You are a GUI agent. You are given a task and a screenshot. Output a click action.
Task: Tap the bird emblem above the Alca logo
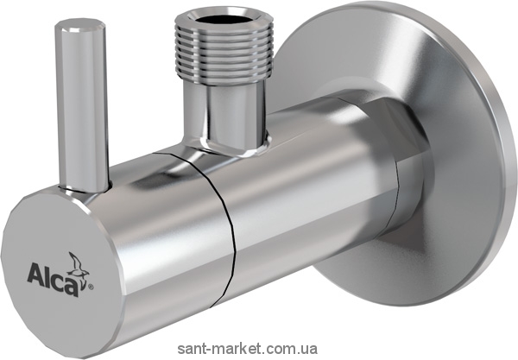click(x=79, y=264)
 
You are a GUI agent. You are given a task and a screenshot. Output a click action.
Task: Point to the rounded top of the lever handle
click(x=80, y=26)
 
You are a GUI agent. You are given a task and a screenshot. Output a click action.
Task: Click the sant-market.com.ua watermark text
click(x=248, y=349)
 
